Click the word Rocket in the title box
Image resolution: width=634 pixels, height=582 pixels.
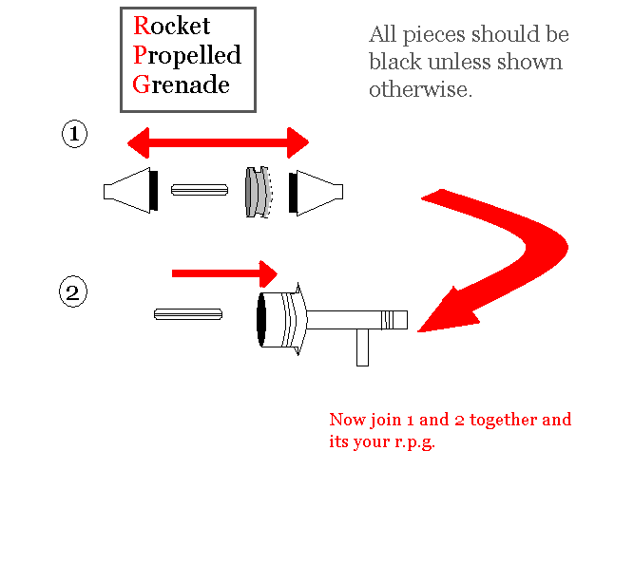tap(172, 26)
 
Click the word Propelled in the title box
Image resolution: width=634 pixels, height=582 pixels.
tap(187, 55)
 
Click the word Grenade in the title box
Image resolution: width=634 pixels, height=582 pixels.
tap(182, 84)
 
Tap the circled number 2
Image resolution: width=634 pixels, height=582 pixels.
tap(72, 291)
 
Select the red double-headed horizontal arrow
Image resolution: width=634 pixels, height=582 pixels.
tap(218, 144)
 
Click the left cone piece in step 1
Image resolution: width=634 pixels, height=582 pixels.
tap(129, 191)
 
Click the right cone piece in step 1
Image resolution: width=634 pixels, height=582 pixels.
tap(319, 192)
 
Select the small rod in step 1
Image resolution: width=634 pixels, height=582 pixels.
tap(200, 190)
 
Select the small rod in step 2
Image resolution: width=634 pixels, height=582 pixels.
tap(188, 314)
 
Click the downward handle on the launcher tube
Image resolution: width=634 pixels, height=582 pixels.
tap(362, 347)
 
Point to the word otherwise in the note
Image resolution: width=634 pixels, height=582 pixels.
tap(420, 90)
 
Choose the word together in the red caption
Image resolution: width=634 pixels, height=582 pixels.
tap(495, 420)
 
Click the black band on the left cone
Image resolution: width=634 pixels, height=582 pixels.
tap(154, 191)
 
